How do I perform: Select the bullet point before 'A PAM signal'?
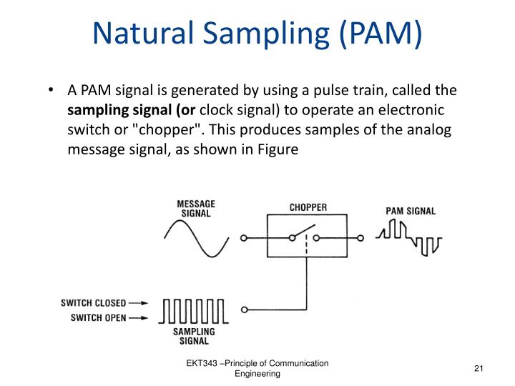[52, 91]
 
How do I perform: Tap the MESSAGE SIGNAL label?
[195, 208]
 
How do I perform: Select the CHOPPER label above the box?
[308, 208]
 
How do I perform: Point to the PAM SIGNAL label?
[411, 212]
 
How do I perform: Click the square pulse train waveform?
[193, 311]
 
